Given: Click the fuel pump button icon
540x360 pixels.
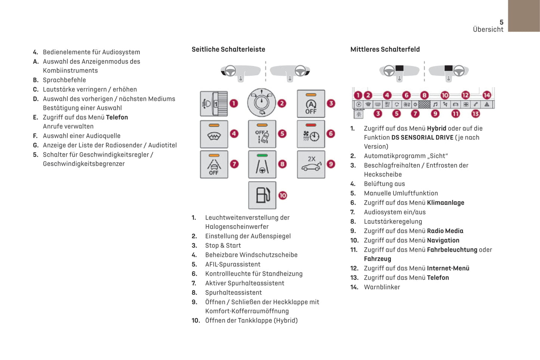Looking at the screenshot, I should pyautogui.click(x=262, y=195).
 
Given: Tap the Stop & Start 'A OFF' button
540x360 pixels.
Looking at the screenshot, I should pyautogui.click(x=311, y=103).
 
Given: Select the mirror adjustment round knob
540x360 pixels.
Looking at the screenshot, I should pyautogui.click(x=262, y=103).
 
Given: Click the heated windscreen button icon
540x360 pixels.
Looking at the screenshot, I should pyautogui.click(x=214, y=134).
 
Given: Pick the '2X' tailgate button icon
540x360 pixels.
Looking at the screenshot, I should pyautogui.click(x=311, y=165).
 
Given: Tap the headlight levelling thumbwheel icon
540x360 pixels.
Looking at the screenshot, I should pyautogui.click(x=214, y=103).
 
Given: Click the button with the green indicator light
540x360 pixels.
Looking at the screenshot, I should pyautogui.click(x=262, y=165).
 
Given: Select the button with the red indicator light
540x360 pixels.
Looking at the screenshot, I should pyautogui.click(x=311, y=134).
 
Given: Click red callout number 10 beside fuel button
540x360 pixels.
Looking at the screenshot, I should pyautogui.click(x=283, y=195).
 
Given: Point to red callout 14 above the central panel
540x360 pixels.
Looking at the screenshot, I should pyautogui.click(x=487, y=95).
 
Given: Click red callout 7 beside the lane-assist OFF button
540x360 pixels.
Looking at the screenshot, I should pyautogui.click(x=234, y=164).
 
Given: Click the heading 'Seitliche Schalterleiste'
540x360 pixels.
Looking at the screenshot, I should pyautogui.click(x=228, y=49).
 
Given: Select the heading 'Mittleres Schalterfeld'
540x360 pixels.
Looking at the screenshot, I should pyautogui.click(x=385, y=49).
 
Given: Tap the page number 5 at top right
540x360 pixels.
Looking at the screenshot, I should pyautogui.click(x=502, y=22).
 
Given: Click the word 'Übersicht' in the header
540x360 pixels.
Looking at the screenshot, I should pyautogui.click(x=488, y=30).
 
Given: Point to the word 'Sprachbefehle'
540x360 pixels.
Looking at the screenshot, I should pyautogui.click(x=64, y=80).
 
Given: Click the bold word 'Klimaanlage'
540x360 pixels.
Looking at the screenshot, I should pyautogui.click(x=445, y=203).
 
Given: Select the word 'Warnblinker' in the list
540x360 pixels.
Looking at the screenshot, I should pyautogui.click(x=382, y=287).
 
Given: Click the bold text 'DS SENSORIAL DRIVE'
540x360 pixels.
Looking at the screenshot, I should pyautogui.click(x=422, y=137).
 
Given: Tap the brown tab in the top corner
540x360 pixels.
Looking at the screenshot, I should pyautogui.click(x=524, y=16).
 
